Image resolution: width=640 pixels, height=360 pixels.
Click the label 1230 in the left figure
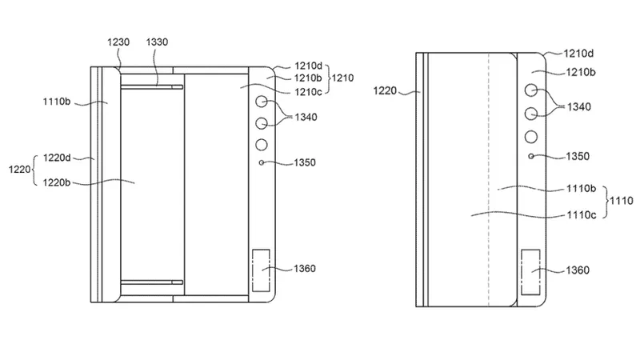point(118,42)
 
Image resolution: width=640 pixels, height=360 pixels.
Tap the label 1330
point(157,42)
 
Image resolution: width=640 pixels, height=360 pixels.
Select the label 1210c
point(309,92)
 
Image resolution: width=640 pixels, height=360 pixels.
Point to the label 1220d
point(57,158)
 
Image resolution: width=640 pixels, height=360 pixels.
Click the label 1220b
point(57,182)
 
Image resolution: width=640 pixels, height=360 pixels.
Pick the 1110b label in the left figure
point(57,102)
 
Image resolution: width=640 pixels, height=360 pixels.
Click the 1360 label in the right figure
point(578,270)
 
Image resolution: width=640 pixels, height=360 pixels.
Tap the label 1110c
point(582,214)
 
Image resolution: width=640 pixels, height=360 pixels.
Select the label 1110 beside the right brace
point(622,201)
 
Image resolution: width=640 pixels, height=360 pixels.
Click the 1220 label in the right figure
point(385,90)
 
